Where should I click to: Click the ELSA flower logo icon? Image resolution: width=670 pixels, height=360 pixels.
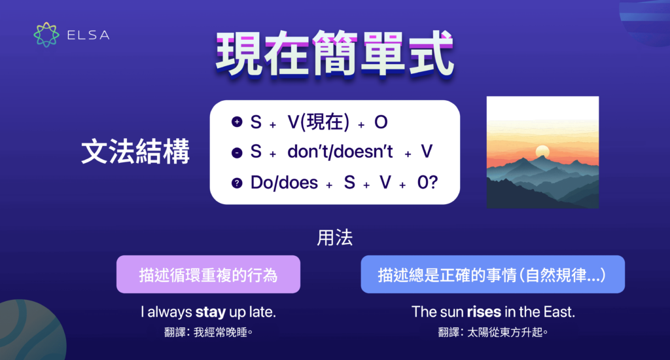46,35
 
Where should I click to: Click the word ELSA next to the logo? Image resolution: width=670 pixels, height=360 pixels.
88,35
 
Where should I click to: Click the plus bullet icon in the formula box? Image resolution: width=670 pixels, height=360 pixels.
236,122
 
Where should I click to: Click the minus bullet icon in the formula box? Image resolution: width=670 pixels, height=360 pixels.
236,153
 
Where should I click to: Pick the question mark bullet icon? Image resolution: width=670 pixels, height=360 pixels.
236,183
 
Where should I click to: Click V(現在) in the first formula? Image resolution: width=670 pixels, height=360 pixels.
318,122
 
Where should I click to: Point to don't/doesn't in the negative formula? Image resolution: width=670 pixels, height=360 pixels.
340,153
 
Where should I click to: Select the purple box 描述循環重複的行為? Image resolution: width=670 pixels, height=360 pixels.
208,274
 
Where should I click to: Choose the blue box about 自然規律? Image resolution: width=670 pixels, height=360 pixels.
492,274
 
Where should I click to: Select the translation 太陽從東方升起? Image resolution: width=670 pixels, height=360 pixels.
508,332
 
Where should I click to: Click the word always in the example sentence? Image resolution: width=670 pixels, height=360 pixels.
169,312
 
